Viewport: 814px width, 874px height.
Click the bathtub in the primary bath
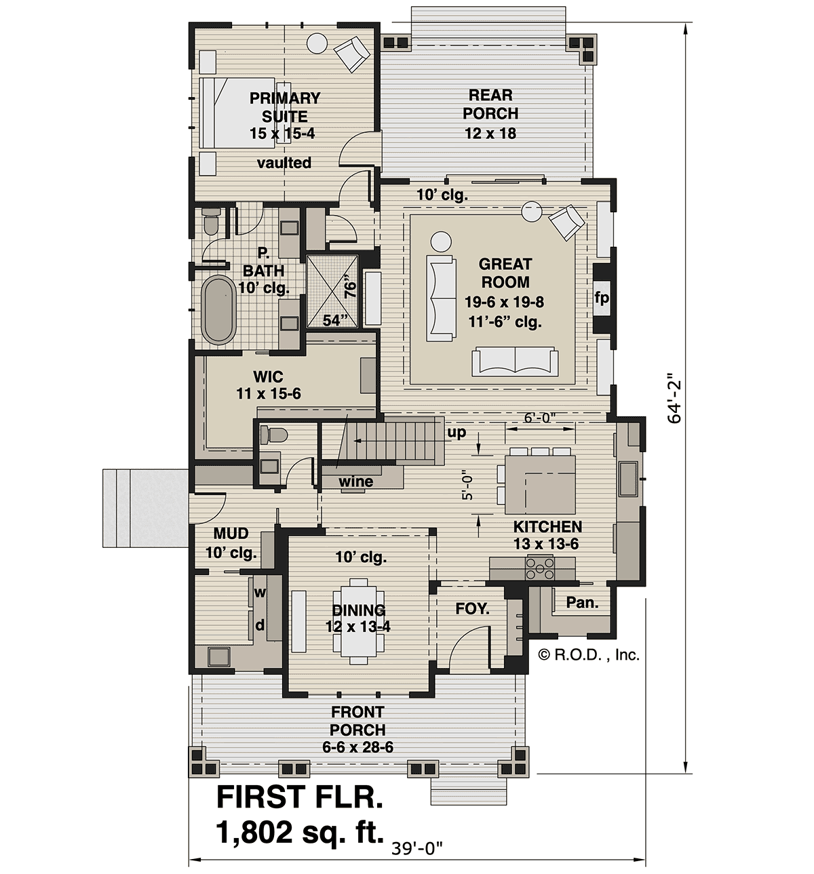[x=218, y=310]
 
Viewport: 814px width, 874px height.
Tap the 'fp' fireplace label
[x=602, y=298]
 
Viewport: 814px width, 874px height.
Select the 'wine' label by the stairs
[x=355, y=481]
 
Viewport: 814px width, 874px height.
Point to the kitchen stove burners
[x=539, y=568]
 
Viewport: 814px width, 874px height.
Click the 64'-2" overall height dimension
[x=674, y=399]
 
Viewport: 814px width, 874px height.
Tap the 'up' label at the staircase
[x=457, y=433]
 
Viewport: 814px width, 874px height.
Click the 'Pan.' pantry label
[x=582, y=603]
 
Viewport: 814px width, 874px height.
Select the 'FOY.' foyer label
[x=472, y=609]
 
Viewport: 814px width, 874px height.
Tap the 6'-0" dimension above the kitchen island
[x=541, y=418]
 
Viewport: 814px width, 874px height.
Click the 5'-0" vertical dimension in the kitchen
[x=467, y=487]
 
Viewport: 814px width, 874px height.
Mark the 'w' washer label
[x=260, y=593]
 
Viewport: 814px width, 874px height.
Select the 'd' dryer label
[x=260, y=624]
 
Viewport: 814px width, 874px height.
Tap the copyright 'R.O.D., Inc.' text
[x=589, y=655]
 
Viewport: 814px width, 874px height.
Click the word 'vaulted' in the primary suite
[x=284, y=163]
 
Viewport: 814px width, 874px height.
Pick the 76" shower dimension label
[x=350, y=287]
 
